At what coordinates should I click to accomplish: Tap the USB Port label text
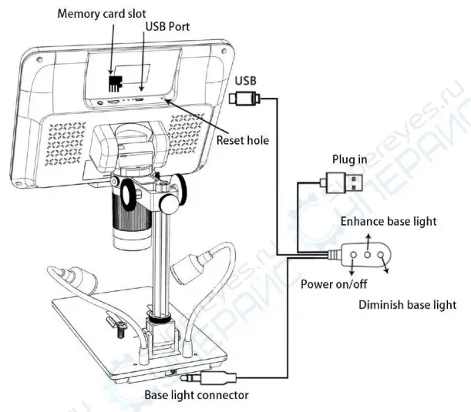pyautogui.click(x=170, y=28)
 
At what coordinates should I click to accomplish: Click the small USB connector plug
pyautogui.click(x=246, y=98)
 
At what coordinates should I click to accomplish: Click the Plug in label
pyautogui.click(x=349, y=159)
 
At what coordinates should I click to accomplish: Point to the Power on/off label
pyautogui.click(x=334, y=283)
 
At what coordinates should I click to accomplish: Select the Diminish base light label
pyautogui.click(x=408, y=305)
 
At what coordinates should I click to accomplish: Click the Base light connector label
pyautogui.click(x=197, y=395)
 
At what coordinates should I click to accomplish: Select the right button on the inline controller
pyautogui.click(x=381, y=253)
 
